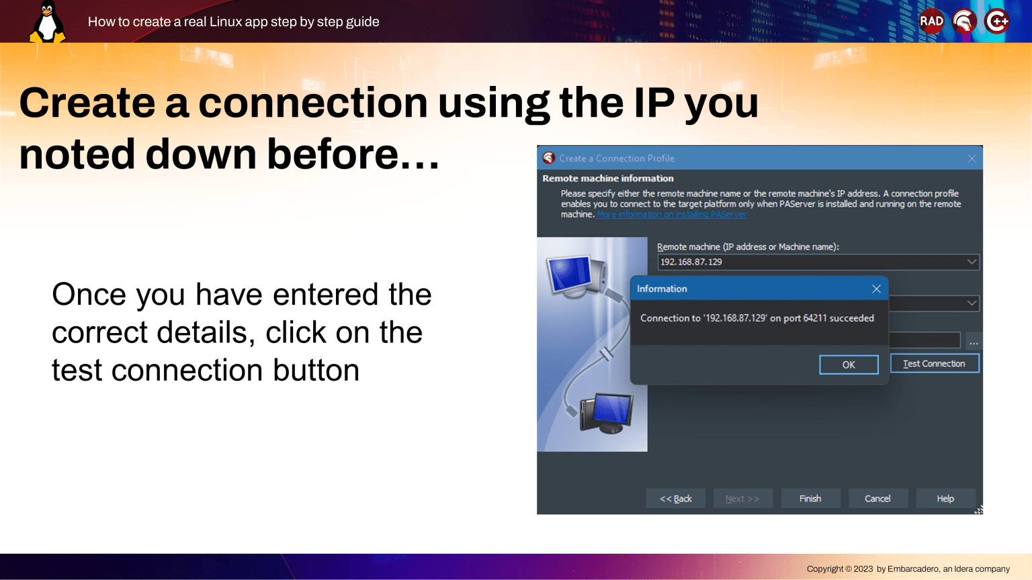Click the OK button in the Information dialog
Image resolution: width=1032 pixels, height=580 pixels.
coord(849,365)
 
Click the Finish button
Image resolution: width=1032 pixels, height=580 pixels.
coord(810,499)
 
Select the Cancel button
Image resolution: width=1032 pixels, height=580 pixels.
coord(877,499)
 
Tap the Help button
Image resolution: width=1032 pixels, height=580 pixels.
coord(945,499)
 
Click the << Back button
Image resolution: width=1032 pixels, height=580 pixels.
coord(675,499)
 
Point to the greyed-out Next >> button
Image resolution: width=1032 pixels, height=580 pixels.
coord(742,499)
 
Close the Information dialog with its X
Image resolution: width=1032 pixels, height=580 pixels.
coord(876,289)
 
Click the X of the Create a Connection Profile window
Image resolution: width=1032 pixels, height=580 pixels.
coord(972,158)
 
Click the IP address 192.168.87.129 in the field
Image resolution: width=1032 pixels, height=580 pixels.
coord(691,262)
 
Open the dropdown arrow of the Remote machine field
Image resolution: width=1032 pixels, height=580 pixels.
coord(972,262)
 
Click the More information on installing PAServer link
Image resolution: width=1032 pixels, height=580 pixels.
coord(672,215)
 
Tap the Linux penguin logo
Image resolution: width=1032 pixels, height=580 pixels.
coord(48,21)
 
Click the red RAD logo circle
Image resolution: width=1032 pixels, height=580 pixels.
coord(932,21)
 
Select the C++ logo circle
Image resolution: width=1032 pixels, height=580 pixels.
coord(996,21)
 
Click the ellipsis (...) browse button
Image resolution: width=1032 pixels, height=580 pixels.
coord(974,342)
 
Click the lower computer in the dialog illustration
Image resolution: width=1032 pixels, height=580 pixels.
coord(607,413)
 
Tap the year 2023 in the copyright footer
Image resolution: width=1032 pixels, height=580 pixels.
coord(863,569)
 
